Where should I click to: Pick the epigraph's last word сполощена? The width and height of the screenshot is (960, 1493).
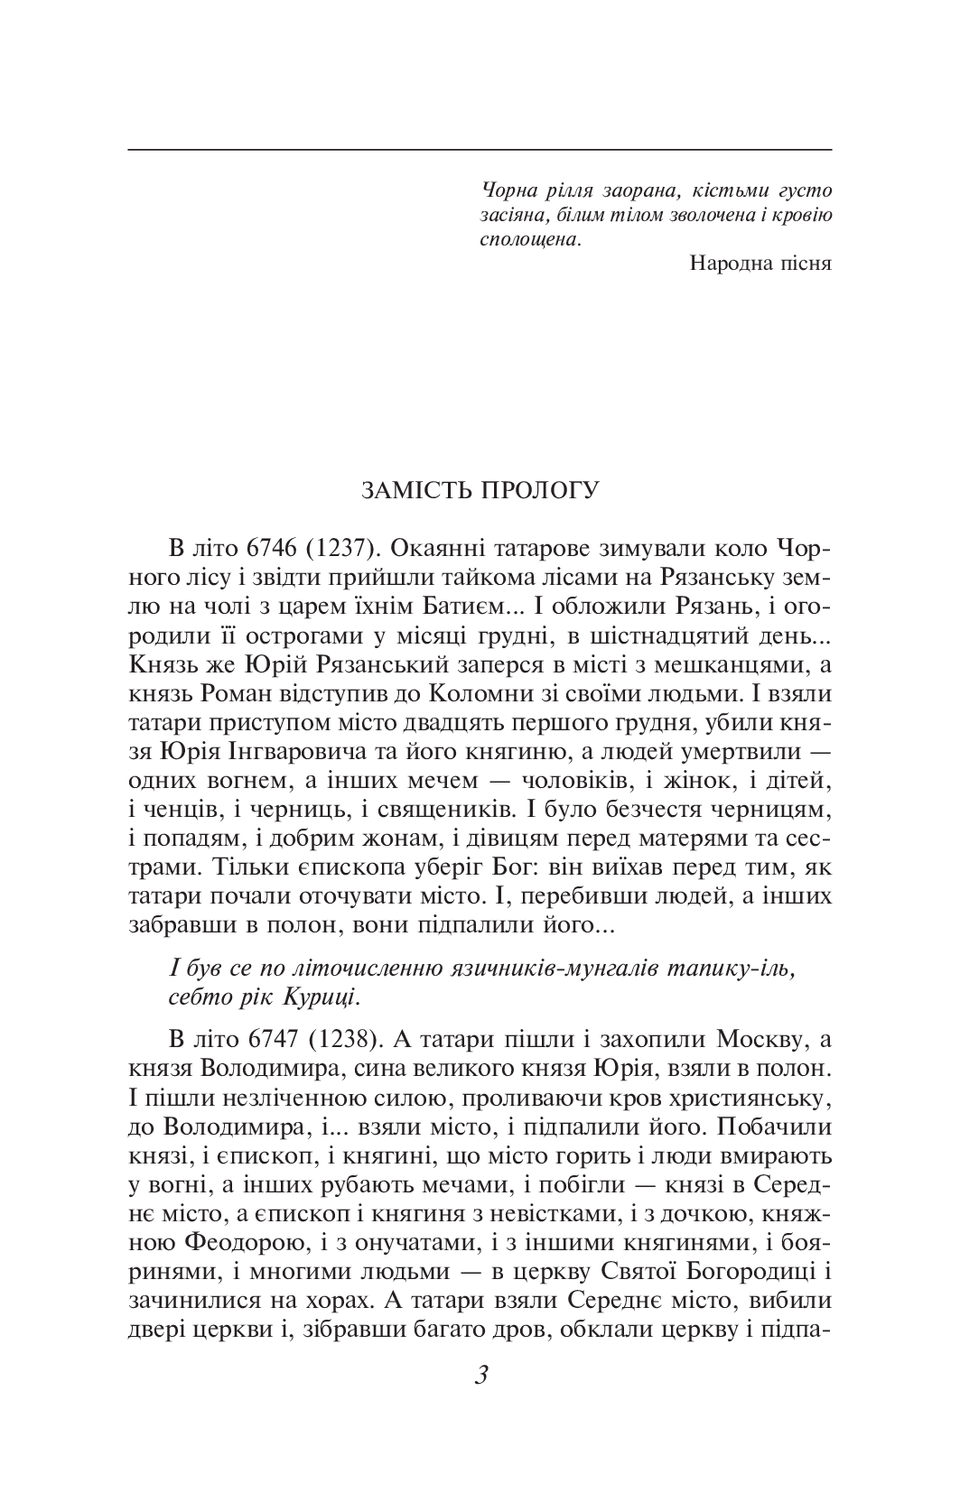527,240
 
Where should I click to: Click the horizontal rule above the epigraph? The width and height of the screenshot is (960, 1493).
480,148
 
